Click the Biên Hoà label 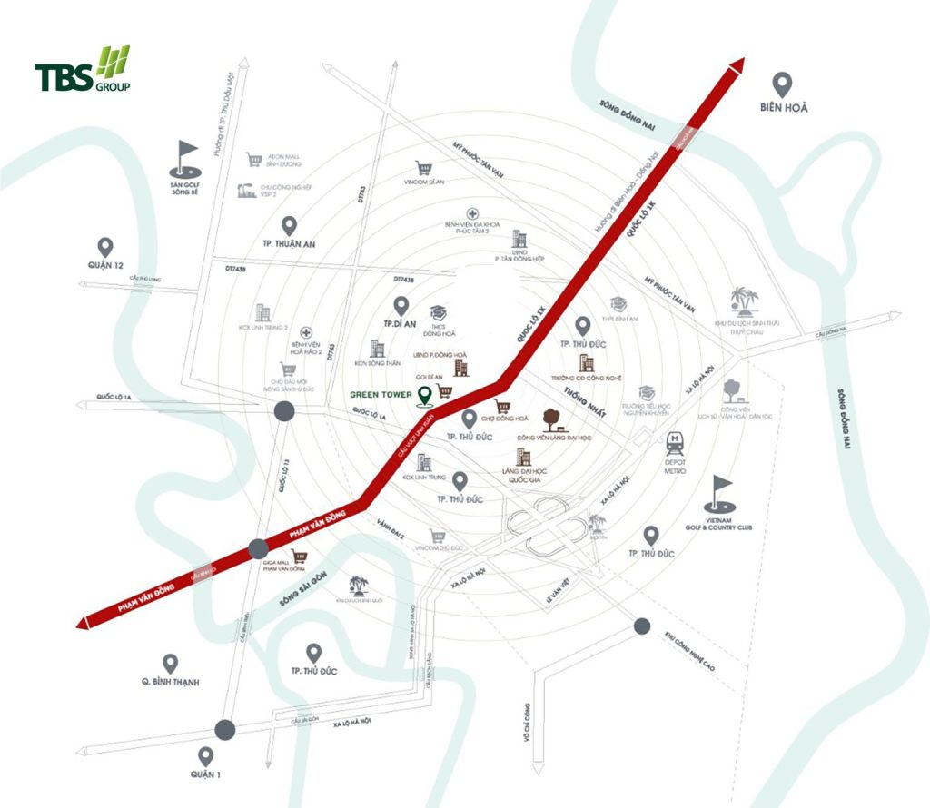(784, 107)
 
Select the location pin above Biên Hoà (784, 83)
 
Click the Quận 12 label (105, 264)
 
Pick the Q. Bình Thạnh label (170, 682)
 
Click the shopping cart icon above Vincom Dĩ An (422, 168)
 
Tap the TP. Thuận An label (288, 244)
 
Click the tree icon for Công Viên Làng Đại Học (550, 419)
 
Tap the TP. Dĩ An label (401, 323)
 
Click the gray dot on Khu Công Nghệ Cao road (642, 625)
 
